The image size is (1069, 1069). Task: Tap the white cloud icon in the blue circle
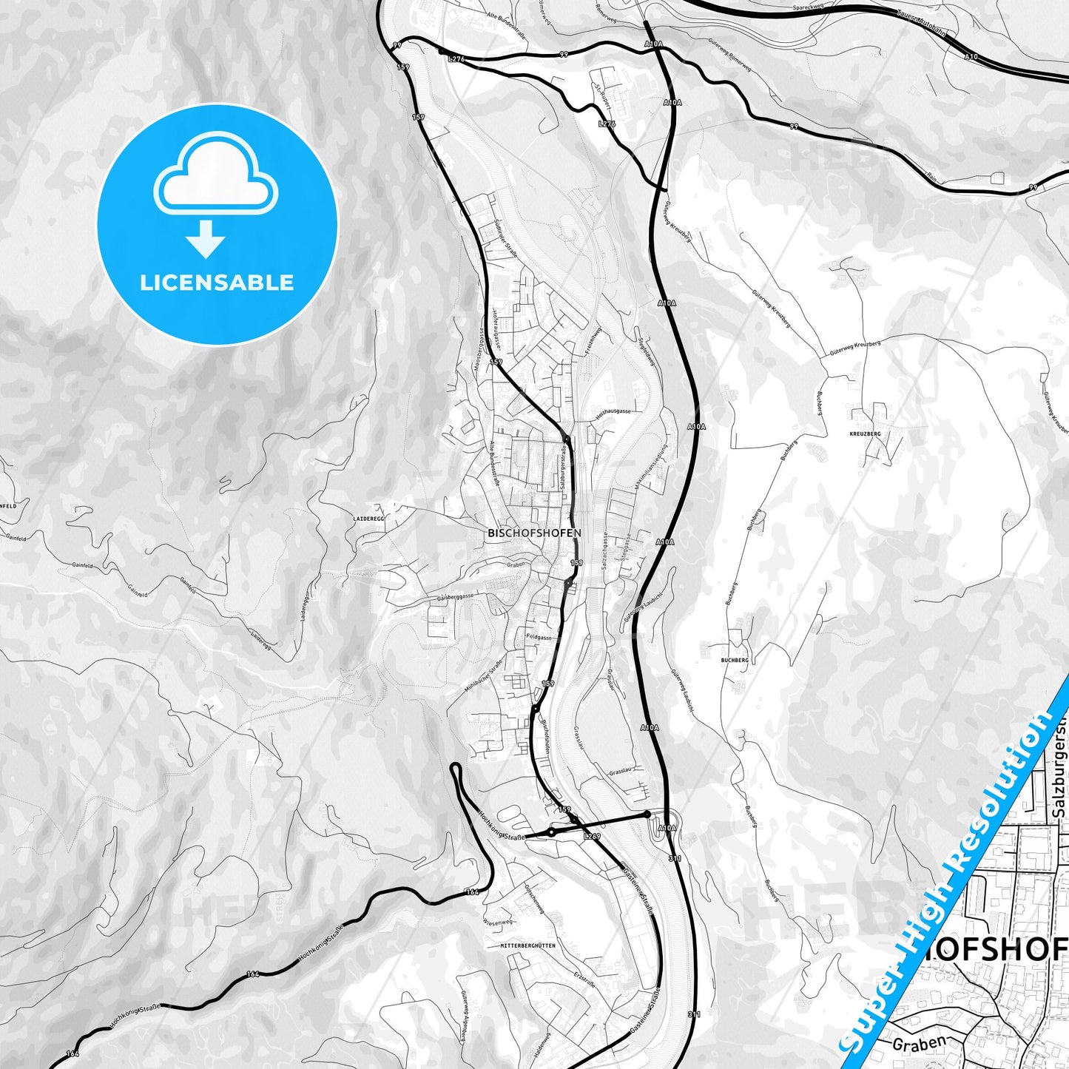pyautogui.click(x=215, y=178)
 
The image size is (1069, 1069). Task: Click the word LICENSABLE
pyautogui.click(x=217, y=283)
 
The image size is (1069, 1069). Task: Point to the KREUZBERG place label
pyautogui.click(x=866, y=434)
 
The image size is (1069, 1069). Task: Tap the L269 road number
pyautogui.click(x=592, y=837)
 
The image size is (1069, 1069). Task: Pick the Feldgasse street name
pyautogui.click(x=539, y=637)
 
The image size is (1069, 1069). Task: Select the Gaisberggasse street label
pyautogui.click(x=455, y=597)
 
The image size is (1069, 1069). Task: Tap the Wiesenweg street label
pyautogui.click(x=497, y=923)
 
